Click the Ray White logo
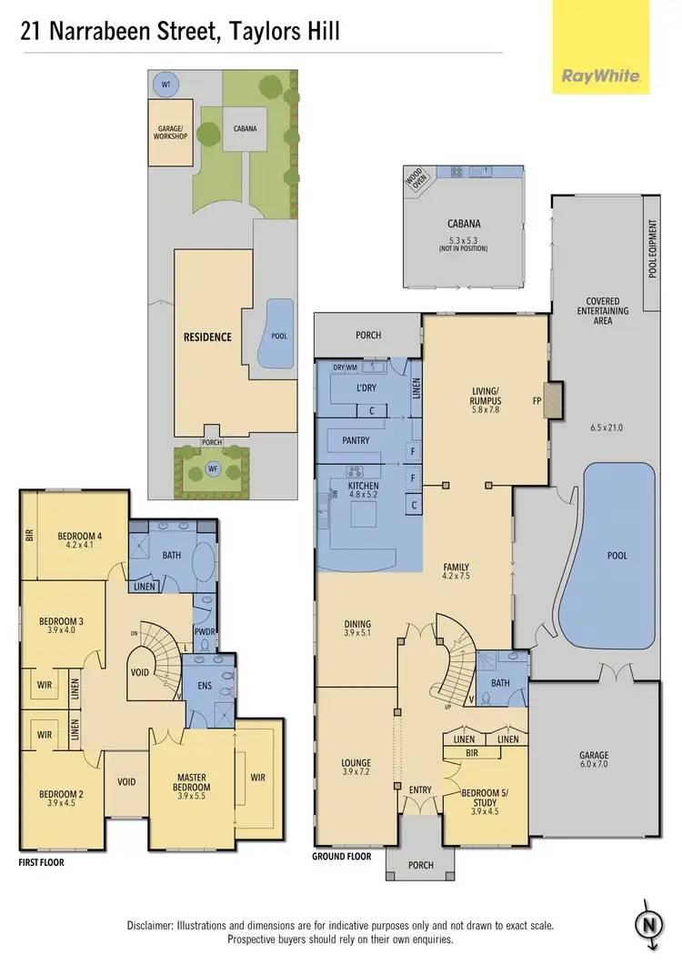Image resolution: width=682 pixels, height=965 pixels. pyautogui.click(x=600, y=76)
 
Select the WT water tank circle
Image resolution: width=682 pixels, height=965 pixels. pyautogui.click(x=165, y=85)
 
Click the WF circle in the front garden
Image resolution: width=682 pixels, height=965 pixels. pyautogui.click(x=213, y=469)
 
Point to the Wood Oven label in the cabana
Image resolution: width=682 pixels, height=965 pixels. pyautogui.click(x=419, y=180)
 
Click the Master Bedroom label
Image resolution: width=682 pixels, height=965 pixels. pyautogui.click(x=192, y=781)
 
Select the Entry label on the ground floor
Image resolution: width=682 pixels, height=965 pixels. pyautogui.click(x=420, y=789)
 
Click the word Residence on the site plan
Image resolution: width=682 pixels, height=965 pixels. pyautogui.click(x=208, y=337)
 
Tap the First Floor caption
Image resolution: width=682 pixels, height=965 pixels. pyautogui.click(x=42, y=862)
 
